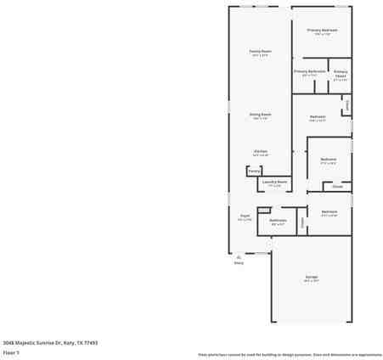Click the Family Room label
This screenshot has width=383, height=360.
260,51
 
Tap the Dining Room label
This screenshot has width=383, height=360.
260,115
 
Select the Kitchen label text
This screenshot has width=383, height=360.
260,152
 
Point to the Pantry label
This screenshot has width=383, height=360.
254,171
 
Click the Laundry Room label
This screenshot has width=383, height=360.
274,181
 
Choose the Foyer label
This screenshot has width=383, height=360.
244,216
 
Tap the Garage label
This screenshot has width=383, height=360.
311,277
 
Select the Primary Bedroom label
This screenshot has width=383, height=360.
322,31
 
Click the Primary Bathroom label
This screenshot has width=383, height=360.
309,71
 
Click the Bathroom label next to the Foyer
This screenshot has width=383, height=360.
278,220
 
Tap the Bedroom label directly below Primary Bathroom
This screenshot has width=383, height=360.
318,116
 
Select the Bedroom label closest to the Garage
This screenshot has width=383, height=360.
329,211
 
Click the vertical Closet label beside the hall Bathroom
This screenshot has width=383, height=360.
302,222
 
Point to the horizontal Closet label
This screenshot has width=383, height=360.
337,186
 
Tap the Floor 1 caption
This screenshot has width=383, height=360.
11,352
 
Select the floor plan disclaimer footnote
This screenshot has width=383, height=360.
290,354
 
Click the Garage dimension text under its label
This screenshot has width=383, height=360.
311,281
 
